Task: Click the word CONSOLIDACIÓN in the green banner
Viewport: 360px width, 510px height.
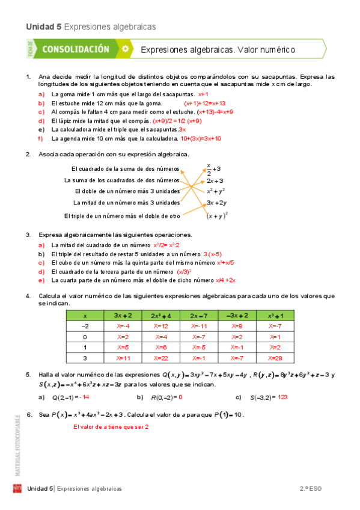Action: [x=76, y=49]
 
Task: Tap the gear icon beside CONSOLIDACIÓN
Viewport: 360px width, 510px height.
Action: [x=124, y=49]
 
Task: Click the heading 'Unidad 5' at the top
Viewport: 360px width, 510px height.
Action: [x=44, y=26]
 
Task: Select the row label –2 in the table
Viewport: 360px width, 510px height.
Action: [x=85, y=326]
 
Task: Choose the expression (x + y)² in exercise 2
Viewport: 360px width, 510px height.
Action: [x=216, y=215]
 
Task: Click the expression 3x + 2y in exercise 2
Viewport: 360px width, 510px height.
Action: [x=216, y=203]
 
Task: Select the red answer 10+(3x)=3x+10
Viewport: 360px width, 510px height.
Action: [x=201, y=138]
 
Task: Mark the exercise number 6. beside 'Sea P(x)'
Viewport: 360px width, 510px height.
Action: [x=29, y=414]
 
